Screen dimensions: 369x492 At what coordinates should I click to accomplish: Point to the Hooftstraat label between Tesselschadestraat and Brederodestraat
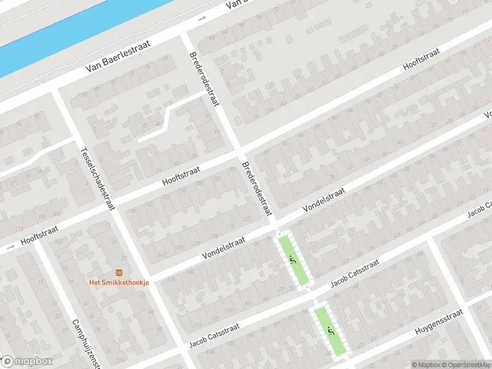pyautogui.click(x=183, y=175)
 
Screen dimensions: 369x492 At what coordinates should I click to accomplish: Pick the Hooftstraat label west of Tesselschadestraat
pyautogui.click(x=39, y=234)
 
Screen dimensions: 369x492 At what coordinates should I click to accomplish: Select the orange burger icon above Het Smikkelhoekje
pyautogui.click(x=119, y=272)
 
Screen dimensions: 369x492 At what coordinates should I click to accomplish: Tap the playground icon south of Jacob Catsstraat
pyautogui.click(x=330, y=331)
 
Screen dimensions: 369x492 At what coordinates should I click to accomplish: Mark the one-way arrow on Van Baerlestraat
pyautogui.click(x=202, y=20)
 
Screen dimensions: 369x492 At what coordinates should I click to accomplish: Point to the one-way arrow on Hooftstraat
pyautogui.click(x=10, y=249)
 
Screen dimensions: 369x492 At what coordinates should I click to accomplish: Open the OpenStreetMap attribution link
pyautogui.click(x=463, y=365)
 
